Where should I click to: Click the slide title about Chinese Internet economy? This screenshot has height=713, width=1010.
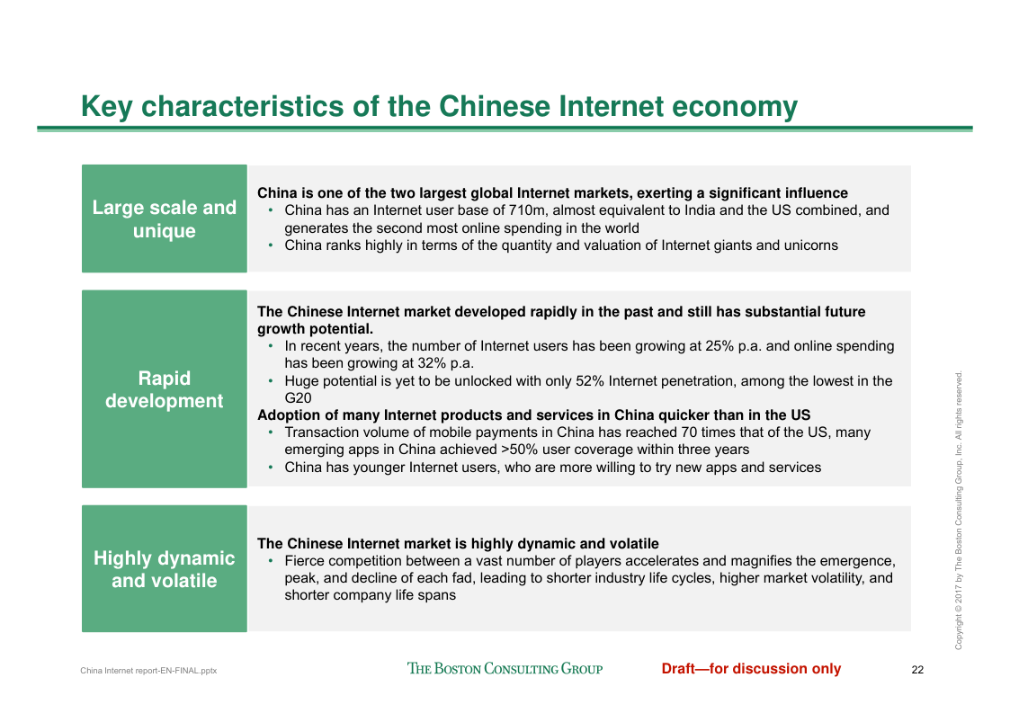pyautogui.click(x=439, y=107)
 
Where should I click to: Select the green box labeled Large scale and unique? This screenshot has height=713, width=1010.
pyautogui.click(x=165, y=218)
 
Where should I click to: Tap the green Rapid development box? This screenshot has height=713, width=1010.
pyautogui.click(x=165, y=389)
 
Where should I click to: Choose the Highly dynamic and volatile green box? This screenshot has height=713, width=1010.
pyautogui.click(x=165, y=569)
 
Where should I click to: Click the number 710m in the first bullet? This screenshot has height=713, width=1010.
pyautogui.click(x=526, y=210)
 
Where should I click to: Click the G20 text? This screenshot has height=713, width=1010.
pyautogui.click(x=299, y=398)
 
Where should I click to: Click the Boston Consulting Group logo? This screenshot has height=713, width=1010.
pyautogui.click(x=505, y=669)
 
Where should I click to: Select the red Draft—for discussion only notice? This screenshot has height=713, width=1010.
pyautogui.click(x=751, y=669)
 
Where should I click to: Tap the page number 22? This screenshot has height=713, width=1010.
pyautogui.click(x=918, y=670)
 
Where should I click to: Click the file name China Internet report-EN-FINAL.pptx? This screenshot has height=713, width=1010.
pyautogui.click(x=148, y=671)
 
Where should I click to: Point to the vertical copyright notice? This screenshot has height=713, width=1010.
pyautogui.click(x=959, y=510)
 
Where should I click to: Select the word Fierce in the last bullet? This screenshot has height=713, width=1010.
pyautogui.click(x=305, y=561)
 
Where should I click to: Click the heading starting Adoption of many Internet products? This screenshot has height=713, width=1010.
pyautogui.click(x=534, y=415)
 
